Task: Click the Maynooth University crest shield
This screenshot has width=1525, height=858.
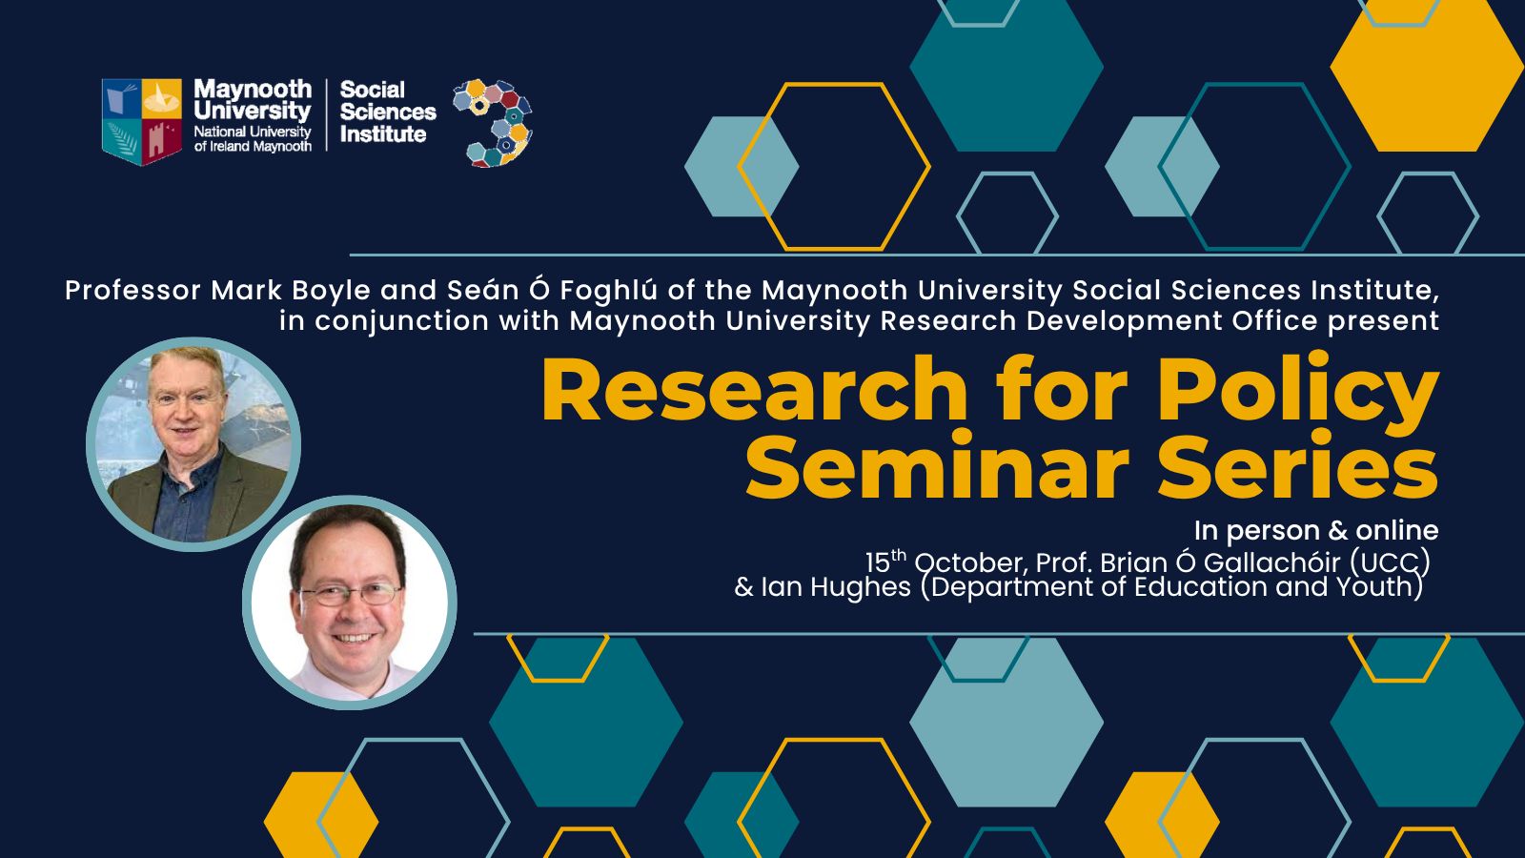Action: [142, 121]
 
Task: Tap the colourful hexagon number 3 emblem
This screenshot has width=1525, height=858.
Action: [493, 123]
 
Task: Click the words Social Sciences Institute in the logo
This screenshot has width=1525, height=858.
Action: [387, 112]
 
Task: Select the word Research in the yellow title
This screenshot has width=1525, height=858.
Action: [754, 390]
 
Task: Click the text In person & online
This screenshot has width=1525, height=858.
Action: [1316, 530]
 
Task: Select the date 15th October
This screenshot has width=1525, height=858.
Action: [944, 562]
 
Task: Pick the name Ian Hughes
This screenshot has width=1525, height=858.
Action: [835, 587]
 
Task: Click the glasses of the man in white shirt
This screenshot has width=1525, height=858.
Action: [350, 595]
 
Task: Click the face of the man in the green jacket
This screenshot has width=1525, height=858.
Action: [186, 406]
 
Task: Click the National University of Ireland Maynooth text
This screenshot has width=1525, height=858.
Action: [253, 139]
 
